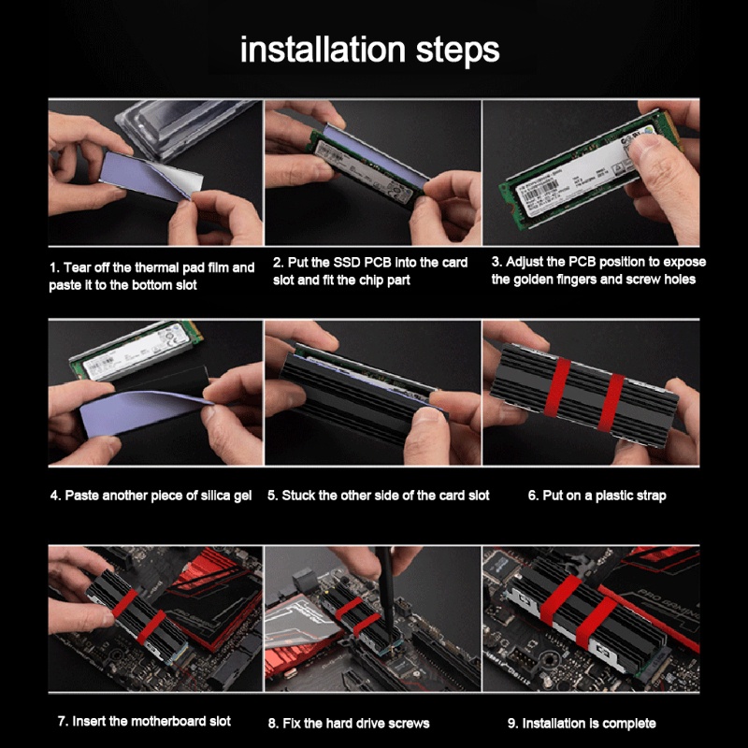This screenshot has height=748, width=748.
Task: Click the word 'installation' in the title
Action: (x=323, y=50)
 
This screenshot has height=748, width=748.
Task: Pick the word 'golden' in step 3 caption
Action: (x=532, y=280)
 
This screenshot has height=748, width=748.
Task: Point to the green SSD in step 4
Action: (x=136, y=351)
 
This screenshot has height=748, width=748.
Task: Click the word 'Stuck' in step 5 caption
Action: (x=298, y=496)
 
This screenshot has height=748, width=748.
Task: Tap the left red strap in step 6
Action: (x=557, y=387)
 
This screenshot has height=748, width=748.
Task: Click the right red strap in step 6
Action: (x=611, y=403)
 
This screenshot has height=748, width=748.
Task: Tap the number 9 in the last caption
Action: (x=511, y=724)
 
